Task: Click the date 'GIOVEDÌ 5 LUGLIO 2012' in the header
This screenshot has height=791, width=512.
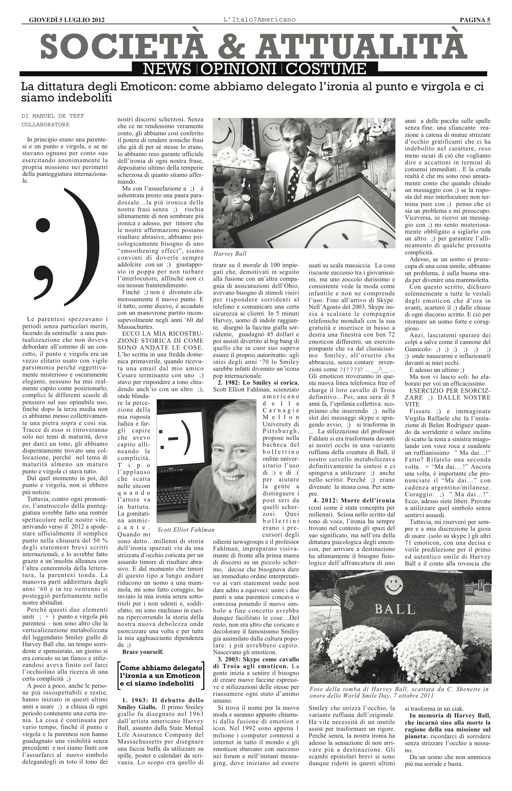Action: (67, 20)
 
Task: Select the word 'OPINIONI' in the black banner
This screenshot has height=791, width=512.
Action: (238, 69)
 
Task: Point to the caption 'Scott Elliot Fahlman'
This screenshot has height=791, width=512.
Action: (186, 530)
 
